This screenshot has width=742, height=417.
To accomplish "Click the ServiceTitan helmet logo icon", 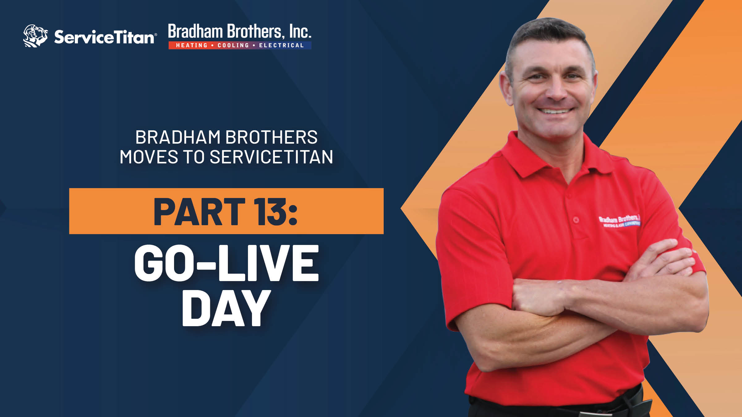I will point(35,36).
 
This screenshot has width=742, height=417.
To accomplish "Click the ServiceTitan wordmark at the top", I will point(104,37).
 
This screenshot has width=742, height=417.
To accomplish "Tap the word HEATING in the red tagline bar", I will point(192,45).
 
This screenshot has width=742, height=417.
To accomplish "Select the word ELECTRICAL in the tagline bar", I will point(281,45).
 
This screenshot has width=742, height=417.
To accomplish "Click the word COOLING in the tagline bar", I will point(233,45).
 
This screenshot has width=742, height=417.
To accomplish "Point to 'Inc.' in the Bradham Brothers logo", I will point(300,32).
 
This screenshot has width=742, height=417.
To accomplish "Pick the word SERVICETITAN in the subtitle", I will point(271,157).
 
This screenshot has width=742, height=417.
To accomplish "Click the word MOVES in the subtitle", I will point(149,157).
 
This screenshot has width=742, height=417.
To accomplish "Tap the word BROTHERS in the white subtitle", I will point(271,137).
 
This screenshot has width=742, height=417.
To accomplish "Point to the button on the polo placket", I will point(576,220).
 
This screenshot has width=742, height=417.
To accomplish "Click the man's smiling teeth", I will point(555,111).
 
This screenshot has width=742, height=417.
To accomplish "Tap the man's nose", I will point(555,90).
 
